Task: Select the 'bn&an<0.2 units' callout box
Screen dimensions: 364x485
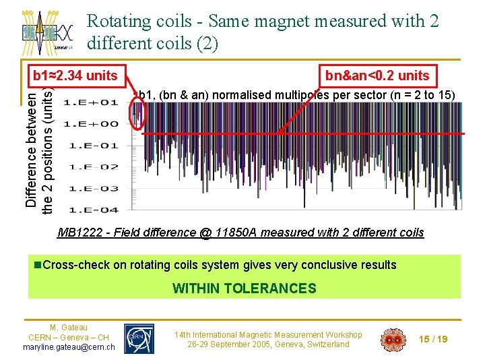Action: point(377,75)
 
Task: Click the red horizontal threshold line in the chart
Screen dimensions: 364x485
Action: point(303,134)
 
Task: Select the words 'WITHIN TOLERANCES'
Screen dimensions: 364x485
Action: point(244,289)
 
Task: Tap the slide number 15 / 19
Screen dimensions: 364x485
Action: point(433,339)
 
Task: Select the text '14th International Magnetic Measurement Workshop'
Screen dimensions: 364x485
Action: point(268,334)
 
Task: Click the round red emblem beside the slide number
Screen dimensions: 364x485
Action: point(393,339)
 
